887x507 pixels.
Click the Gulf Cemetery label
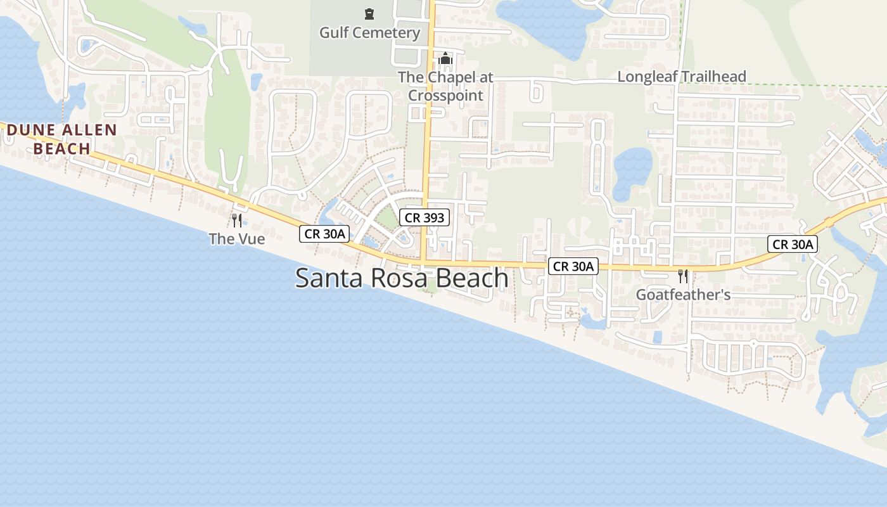pyautogui.click(x=369, y=33)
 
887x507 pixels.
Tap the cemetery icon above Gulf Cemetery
pyautogui.click(x=369, y=13)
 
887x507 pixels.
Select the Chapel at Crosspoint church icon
pyautogui.click(x=445, y=59)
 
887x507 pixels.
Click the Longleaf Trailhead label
pyautogui.click(x=682, y=77)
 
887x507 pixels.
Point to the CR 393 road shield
pyautogui.click(x=424, y=218)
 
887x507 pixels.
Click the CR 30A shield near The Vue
pyautogui.click(x=325, y=234)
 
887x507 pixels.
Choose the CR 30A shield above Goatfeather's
pyautogui.click(x=793, y=244)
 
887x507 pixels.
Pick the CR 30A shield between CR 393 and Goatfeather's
pyautogui.click(x=573, y=267)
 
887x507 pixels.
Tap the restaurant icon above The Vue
pyautogui.click(x=237, y=220)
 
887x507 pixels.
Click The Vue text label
pyautogui.click(x=237, y=239)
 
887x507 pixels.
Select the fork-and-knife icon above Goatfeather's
pyautogui.click(x=682, y=276)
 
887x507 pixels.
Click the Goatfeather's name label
pyautogui.click(x=683, y=295)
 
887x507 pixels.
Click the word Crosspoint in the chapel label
pyautogui.click(x=445, y=96)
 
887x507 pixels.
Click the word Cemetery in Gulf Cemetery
pyautogui.click(x=388, y=33)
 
